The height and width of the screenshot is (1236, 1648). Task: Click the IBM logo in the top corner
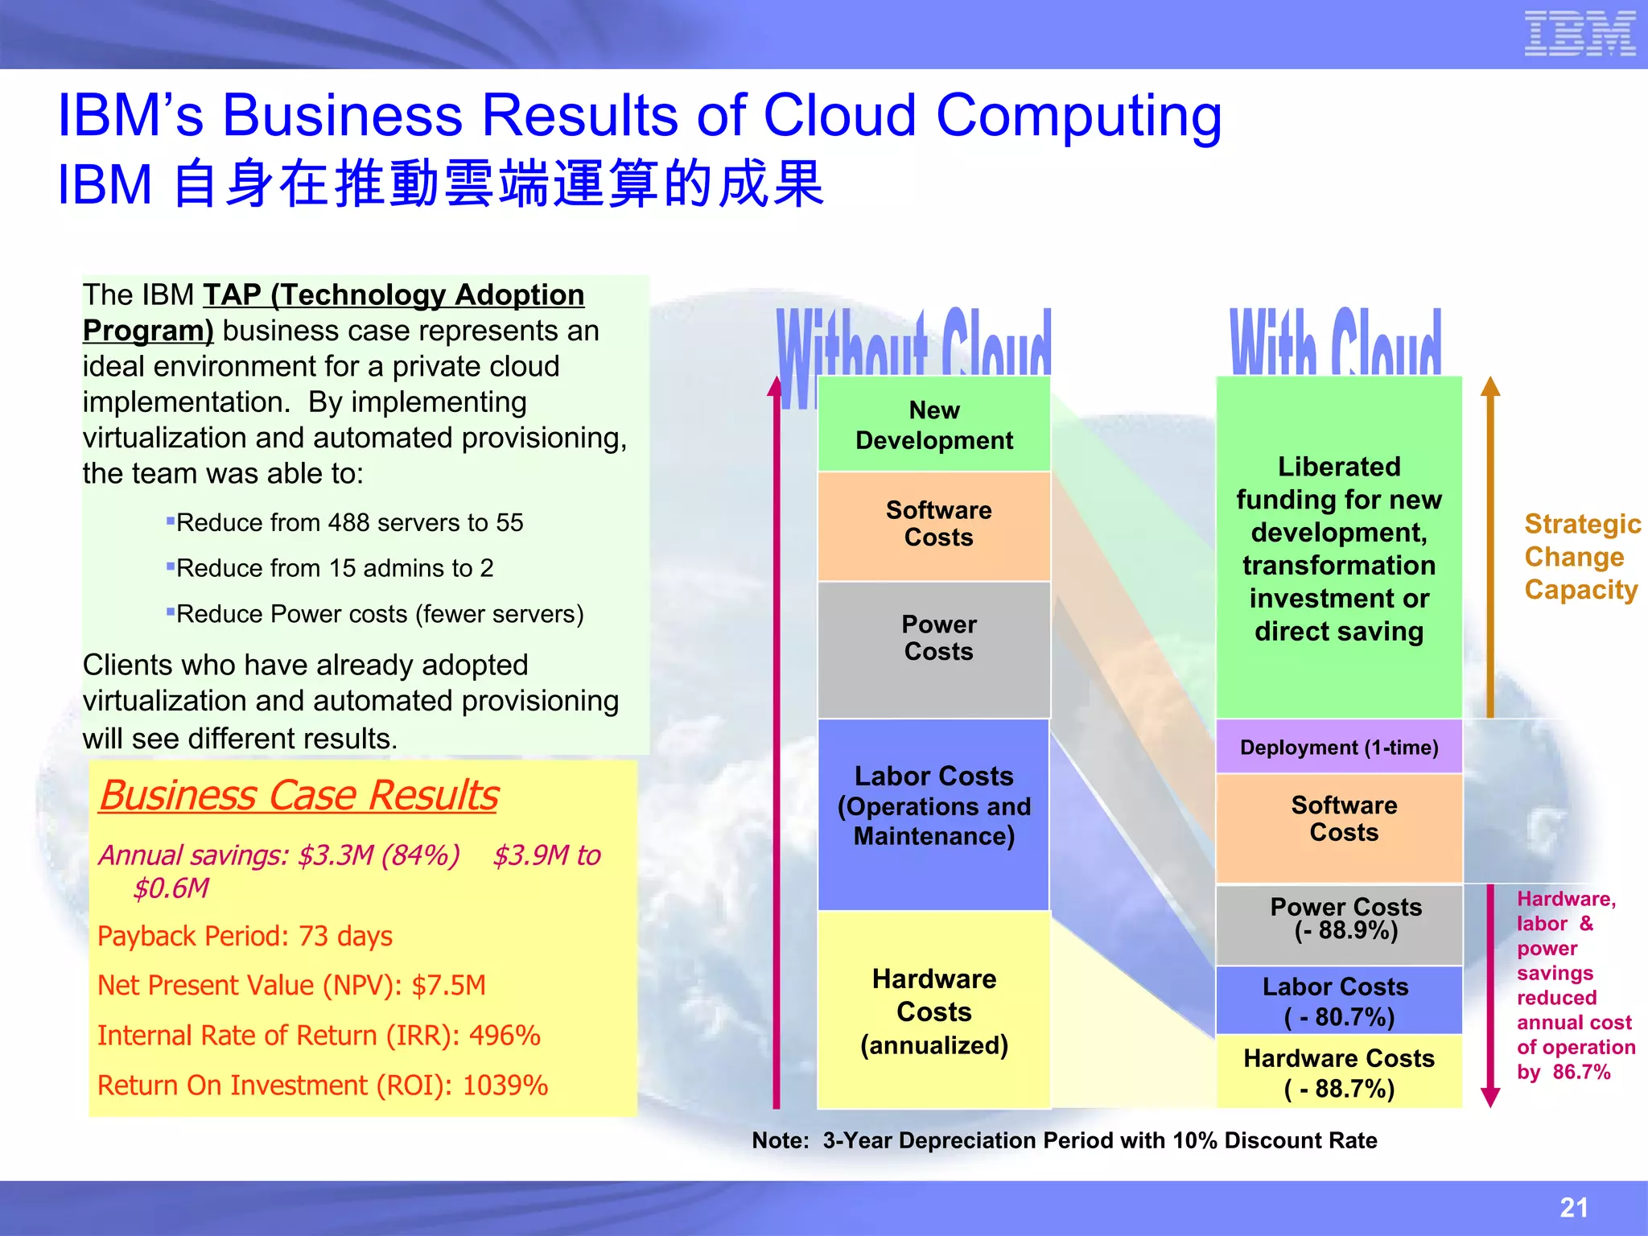[x=1580, y=34]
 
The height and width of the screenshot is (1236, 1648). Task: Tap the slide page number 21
[x=1574, y=1207]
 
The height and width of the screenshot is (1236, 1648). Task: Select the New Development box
[x=934, y=425]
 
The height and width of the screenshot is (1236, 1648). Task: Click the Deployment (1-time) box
[x=1339, y=748]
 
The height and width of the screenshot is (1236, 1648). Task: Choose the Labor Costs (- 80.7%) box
[x=1339, y=1001]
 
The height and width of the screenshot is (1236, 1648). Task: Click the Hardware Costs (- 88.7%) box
[x=1339, y=1073]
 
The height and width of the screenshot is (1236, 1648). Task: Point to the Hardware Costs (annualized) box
[x=934, y=1011]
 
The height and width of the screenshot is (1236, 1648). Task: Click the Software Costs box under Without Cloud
[x=934, y=525]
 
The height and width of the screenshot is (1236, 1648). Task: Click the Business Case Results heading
[x=299, y=796]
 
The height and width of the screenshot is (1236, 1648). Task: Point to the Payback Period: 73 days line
[x=245, y=937]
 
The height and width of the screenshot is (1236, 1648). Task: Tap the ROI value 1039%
[x=505, y=1086]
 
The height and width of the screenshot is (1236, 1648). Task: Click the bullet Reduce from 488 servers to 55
[x=349, y=523]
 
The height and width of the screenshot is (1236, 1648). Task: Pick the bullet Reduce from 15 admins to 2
[x=335, y=569]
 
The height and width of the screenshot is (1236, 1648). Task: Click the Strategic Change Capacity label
[x=1581, y=557]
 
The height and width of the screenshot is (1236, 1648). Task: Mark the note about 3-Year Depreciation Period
[x=1064, y=1140]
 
